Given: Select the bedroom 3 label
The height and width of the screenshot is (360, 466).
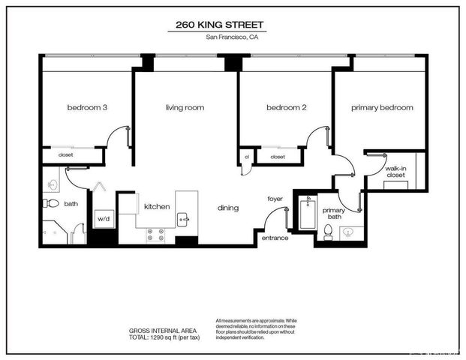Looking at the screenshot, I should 87,108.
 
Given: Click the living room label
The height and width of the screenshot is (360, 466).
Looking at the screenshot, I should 185,108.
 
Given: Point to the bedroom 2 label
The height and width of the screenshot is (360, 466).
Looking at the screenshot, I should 287,108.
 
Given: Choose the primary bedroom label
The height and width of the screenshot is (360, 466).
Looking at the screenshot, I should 382,108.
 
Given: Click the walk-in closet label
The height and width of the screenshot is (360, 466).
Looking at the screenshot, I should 395,174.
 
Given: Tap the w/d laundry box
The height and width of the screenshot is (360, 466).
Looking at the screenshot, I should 104,219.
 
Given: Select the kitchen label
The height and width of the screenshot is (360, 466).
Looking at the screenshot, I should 157,206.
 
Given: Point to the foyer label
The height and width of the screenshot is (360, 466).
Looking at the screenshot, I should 275,199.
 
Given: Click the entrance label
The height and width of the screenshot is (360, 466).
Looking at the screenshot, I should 275,238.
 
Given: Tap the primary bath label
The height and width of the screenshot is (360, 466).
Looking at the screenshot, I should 334,214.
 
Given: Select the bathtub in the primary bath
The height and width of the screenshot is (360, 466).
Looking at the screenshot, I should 305,214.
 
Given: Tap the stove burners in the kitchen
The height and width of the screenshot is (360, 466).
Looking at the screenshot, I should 156,236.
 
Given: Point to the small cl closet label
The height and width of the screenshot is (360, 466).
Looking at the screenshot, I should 247,157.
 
